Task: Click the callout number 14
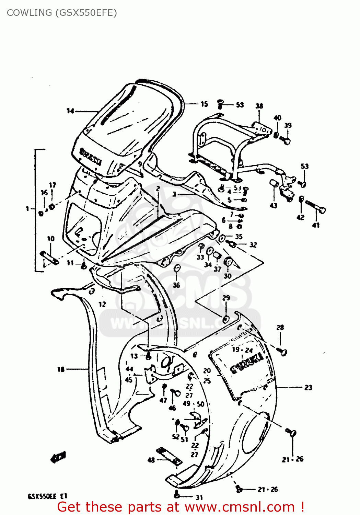tap(70, 111)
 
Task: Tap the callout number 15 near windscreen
tap(204, 104)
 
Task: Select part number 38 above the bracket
tap(259, 106)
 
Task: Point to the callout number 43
tap(274, 205)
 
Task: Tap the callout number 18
tap(61, 369)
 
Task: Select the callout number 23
tap(308, 388)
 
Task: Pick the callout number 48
tap(151, 460)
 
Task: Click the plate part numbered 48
tap(169, 456)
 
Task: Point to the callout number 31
tap(199, 497)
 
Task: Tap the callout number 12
tap(102, 304)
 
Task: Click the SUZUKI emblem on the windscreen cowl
tap(91, 157)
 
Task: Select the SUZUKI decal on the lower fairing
tap(246, 363)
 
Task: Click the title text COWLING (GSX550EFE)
tap(62, 13)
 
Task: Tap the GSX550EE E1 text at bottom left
tap(47, 496)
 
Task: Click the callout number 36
tap(176, 285)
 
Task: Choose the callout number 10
tap(51, 239)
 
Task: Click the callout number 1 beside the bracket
tap(27, 208)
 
